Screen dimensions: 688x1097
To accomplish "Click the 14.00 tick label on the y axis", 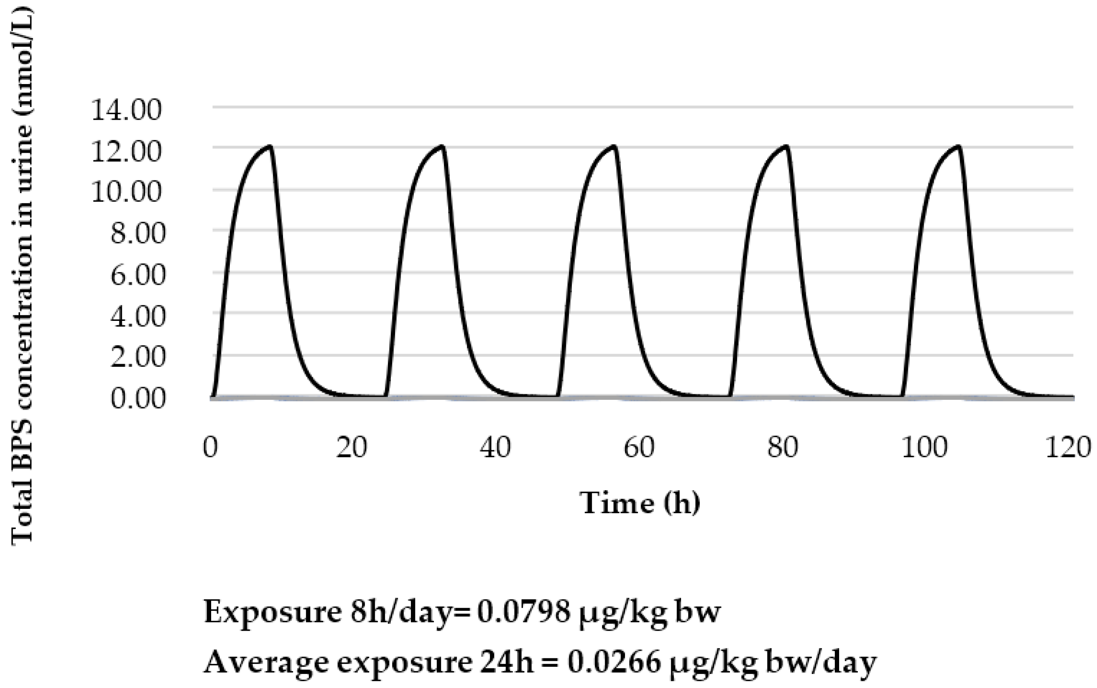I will point(126,110).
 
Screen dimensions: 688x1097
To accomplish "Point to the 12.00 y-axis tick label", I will point(126,152).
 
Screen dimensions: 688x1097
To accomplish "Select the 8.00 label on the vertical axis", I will point(138,234).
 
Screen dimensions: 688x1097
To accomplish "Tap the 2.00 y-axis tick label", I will point(138,357).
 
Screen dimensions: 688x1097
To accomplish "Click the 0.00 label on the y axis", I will point(138,399).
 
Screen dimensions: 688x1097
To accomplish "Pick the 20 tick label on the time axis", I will point(351,447).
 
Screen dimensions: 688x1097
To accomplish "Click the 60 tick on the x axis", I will point(639,447).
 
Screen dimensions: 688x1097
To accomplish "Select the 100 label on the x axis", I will point(925,447).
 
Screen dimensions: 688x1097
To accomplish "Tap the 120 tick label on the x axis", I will point(1068,447).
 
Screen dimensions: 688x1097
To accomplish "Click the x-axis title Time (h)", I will point(639,503).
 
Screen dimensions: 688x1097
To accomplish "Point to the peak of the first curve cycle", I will point(270,146).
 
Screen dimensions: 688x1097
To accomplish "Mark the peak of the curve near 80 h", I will point(786,146).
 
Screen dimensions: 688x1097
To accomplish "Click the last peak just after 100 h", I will point(958,146).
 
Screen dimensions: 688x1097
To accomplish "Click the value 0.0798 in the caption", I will point(523,612).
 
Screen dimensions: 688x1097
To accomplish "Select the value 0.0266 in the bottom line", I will point(614,662).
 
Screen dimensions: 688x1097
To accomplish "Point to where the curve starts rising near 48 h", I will point(558,395).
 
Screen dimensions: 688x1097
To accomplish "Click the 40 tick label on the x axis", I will point(495,447).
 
